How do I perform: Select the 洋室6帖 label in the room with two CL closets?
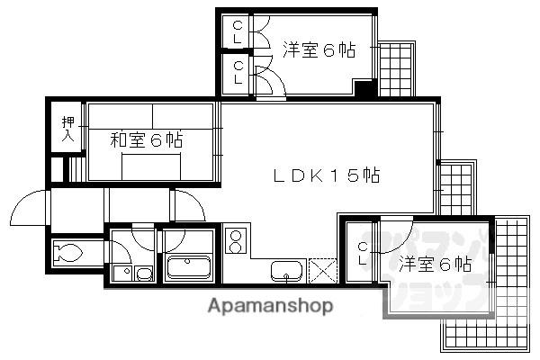(x=318, y=50)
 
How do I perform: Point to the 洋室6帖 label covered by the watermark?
(x=436, y=265)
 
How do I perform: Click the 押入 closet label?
(x=67, y=129)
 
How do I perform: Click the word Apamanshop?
(x=270, y=306)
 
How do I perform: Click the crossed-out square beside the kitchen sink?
(x=320, y=270)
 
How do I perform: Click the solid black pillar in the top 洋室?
(x=364, y=90)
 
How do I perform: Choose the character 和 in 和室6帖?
(x=118, y=140)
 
